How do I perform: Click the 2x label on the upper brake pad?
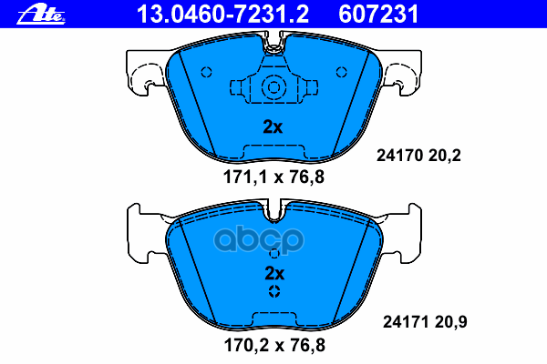coord(273,127)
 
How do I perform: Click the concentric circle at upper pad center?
coord(273,88)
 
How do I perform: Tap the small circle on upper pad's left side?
coord(206,73)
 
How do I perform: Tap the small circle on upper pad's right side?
coord(340,73)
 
